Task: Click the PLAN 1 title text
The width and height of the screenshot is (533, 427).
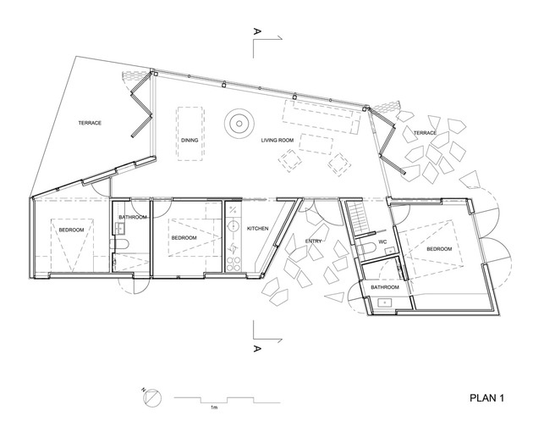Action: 486,397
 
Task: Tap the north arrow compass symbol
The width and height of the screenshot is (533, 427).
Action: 153,397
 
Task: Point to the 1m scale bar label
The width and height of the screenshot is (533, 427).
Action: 214,408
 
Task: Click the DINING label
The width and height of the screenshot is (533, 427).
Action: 190,140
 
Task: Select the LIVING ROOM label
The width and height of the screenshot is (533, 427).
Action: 277,140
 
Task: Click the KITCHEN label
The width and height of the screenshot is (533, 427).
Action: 257,229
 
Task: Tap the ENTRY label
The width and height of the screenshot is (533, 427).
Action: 313,241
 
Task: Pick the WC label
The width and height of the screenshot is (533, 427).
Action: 382,242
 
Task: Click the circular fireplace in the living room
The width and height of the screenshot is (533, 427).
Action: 239,123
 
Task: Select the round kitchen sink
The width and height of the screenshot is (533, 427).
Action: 234,225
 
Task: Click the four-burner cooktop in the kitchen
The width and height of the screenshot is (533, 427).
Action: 234,264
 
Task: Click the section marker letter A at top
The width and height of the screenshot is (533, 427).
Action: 257,31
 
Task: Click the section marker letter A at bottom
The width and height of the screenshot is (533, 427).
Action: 257,348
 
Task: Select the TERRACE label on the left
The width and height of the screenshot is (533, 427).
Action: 90,123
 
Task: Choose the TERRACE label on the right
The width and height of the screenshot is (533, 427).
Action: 425,133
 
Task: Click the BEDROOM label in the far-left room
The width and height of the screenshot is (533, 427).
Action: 71,230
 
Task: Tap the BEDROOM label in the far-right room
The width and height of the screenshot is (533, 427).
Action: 439,249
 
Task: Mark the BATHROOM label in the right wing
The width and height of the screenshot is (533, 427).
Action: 385,287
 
